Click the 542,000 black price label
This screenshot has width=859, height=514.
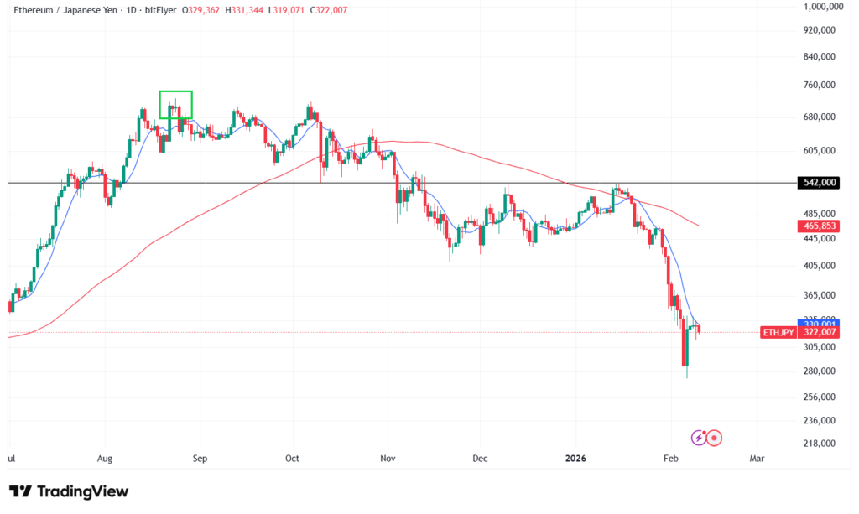[x=818, y=183]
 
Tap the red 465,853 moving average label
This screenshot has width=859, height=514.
[x=818, y=226]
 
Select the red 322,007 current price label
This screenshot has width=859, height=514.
[x=818, y=332]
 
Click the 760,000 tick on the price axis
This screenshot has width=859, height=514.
[x=818, y=85]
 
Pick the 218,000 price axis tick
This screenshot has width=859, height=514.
[x=818, y=444]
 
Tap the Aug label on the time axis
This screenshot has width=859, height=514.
[x=105, y=459]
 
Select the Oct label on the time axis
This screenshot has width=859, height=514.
[x=292, y=459]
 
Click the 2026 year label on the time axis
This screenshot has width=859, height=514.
[x=575, y=459]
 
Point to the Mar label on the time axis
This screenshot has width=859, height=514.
[x=757, y=459]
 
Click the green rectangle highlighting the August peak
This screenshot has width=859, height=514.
[x=176, y=104]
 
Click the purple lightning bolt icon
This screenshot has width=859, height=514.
[x=698, y=437]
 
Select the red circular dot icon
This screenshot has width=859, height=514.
[x=715, y=437]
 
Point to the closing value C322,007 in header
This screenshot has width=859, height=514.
[x=329, y=10]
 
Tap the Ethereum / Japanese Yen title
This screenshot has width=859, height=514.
[x=69, y=10]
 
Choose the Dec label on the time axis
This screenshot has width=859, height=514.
[x=479, y=459]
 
